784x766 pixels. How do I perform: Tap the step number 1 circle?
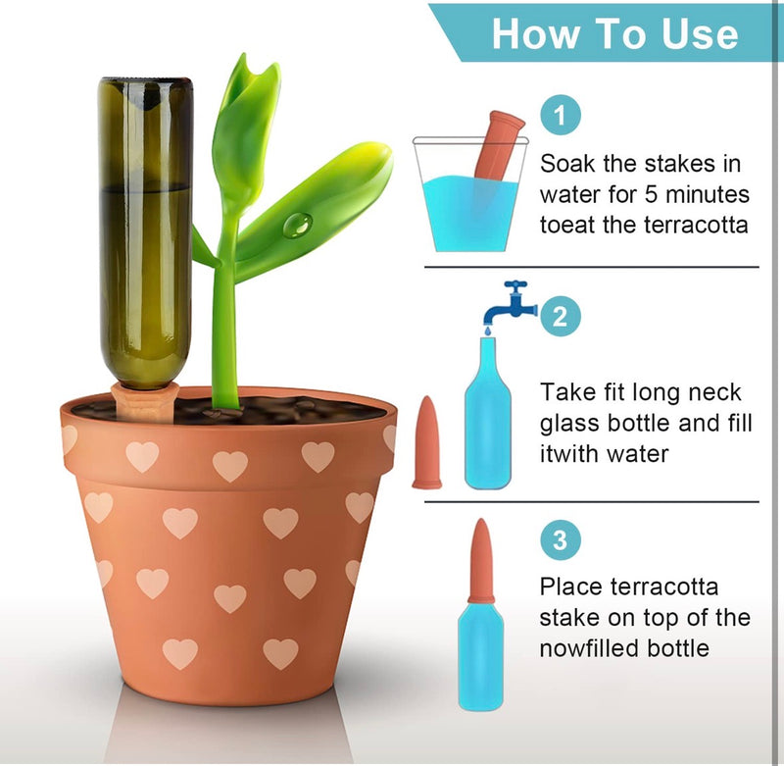coord(561,117)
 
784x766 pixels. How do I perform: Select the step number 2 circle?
coord(561,316)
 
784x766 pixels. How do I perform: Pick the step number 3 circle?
coord(561,540)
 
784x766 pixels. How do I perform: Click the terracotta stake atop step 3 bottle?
coord(481,561)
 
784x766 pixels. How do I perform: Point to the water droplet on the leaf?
coord(296,227)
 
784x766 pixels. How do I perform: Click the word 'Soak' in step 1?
coord(567,163)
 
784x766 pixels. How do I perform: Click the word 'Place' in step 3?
coord(569,587)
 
